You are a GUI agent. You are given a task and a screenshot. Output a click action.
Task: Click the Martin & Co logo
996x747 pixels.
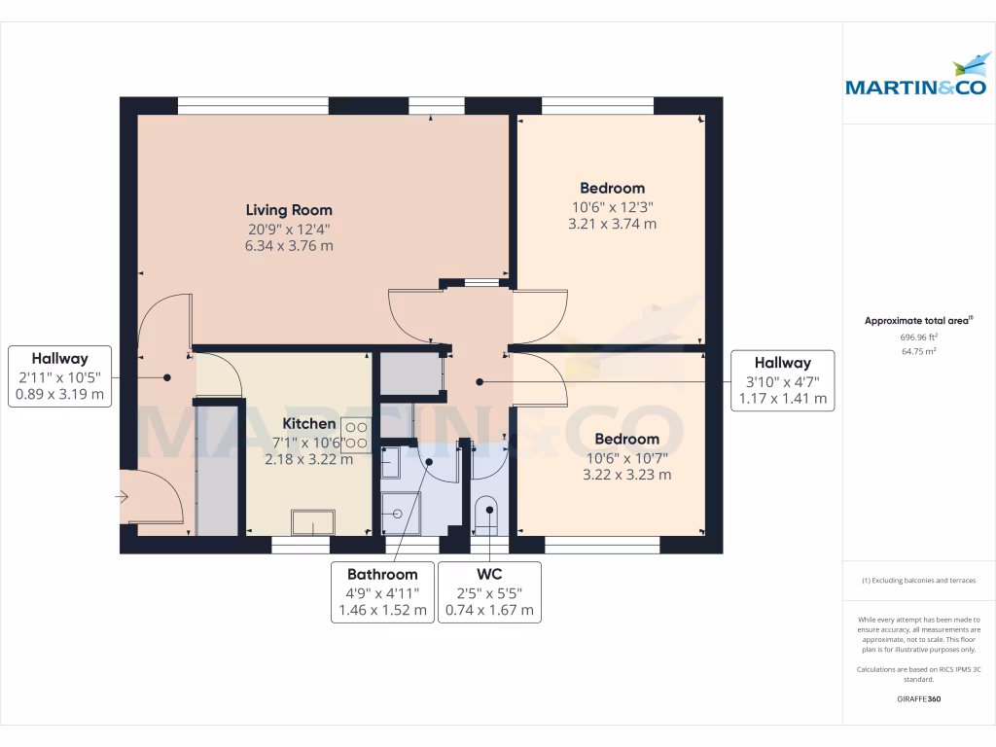coord(917,79)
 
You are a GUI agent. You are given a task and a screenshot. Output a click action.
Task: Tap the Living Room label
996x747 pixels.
coord(288,210)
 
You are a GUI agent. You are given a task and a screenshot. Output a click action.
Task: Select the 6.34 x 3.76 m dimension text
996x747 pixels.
coord(288,246)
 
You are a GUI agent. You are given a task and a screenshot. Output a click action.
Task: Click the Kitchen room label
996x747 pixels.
coord(309,424)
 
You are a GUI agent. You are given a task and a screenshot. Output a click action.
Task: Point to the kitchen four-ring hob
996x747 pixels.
coord(355,435)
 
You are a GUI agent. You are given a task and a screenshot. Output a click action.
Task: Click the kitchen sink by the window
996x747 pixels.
coord(313,522)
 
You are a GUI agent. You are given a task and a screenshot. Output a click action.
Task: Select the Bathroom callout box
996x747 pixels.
coord(382,592)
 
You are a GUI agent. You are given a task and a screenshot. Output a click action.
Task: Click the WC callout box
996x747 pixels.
coord(489,592)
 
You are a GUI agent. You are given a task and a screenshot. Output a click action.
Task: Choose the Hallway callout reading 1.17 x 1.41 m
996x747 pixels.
coord(782,380)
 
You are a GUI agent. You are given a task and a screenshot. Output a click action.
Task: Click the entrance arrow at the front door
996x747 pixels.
coord(122,497)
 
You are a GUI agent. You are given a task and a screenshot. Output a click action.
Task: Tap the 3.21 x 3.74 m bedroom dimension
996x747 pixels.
coord(612,224)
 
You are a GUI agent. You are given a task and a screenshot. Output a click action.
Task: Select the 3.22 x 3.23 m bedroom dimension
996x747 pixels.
coord(626,476)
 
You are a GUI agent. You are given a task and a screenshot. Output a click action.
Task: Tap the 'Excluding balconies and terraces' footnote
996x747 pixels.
coord(918,581)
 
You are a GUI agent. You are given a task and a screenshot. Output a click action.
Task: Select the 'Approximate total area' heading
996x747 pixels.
coord(918,320)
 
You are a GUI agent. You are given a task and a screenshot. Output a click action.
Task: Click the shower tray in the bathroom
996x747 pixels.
coord(400,513)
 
